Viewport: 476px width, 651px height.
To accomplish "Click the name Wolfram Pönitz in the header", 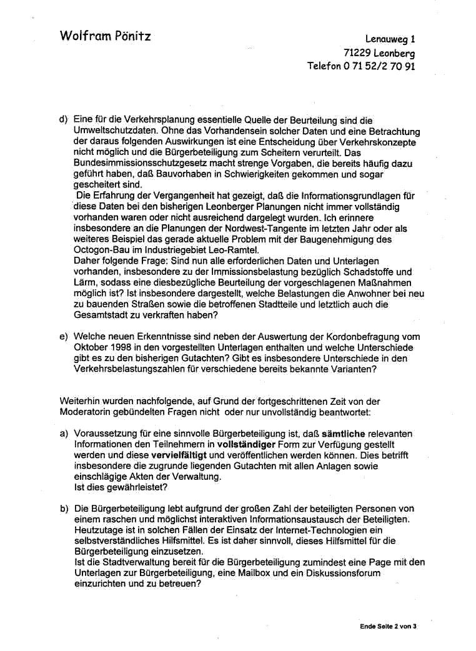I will [x=105, y=36].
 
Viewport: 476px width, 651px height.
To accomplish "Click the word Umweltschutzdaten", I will [x=115, y=131].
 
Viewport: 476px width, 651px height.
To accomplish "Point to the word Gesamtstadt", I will [x=100, y=315].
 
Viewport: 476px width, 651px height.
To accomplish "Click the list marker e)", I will [x=64, y=337].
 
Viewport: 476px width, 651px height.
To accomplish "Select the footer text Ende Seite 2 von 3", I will [x=388, y=626].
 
